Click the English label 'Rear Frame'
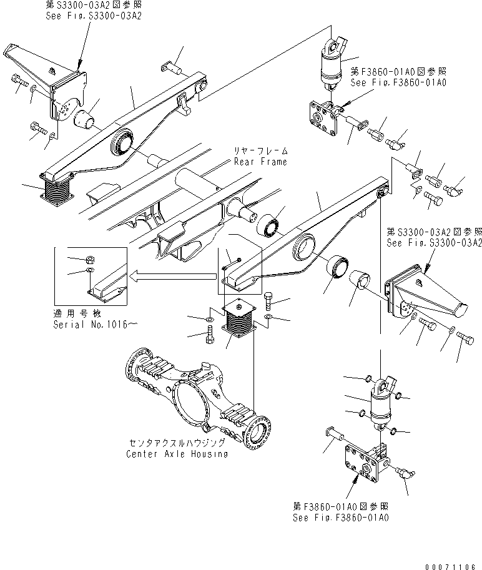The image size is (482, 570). [260, 162]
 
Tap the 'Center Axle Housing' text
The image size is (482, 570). [177, 454]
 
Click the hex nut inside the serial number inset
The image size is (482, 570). [89, 258]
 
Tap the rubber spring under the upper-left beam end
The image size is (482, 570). [57, 189]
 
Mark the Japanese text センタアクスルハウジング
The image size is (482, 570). [177, 444]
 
